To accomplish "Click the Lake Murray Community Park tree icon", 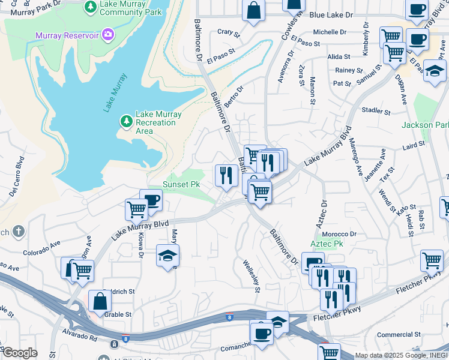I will (x=90, y=7).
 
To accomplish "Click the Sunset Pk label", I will (x=181, y=184).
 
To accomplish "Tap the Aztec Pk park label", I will (x=327, y=245).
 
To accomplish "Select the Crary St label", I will (x=228, y=32).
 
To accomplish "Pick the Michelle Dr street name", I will (x=330, y=32).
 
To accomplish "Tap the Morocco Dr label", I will (x=339, y=234).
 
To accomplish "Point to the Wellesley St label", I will (x=251, y=275).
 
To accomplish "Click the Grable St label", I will (x=118, y=314).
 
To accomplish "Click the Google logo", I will (x=19, y=352).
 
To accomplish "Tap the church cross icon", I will (x=19, y=232).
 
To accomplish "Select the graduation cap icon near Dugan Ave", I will (x=434, y=70).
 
